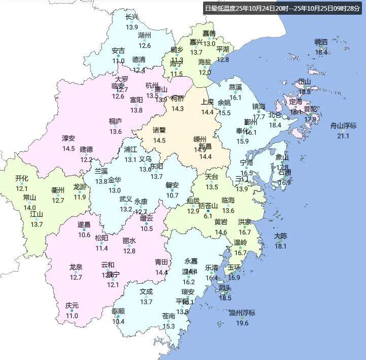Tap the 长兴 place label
click(132, 17)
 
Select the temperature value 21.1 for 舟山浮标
click(344, 136)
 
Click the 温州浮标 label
click(242, 312)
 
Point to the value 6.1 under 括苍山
click(208, 216)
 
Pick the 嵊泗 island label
click(321, 42)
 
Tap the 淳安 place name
click(69, 138)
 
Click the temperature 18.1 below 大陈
click(281, 247)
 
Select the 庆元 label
click(72, 306)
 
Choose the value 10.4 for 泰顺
click(118, 321)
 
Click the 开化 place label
click(22, 178)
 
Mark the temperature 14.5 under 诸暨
click(159, 141)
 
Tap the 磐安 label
click(173, 185)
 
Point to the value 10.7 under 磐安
click(173, 195)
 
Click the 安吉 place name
click(118, 51)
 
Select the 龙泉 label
click(76, 267)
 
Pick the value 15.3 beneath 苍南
click(170, 326)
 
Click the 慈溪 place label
click(236, 87)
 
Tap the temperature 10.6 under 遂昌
click(84, 235)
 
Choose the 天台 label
click(212, 177)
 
